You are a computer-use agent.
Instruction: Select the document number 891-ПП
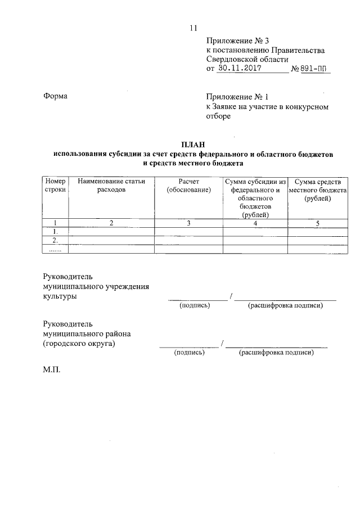point(316,69)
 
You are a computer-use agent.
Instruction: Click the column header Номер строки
point(55,186)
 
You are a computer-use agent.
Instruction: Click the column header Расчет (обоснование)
point(188,186)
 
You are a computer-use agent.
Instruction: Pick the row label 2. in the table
point(55,240)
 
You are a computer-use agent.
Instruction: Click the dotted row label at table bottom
point(55,249)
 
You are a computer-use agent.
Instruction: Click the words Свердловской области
point(247,59)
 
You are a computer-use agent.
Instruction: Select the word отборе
point(219,116)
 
